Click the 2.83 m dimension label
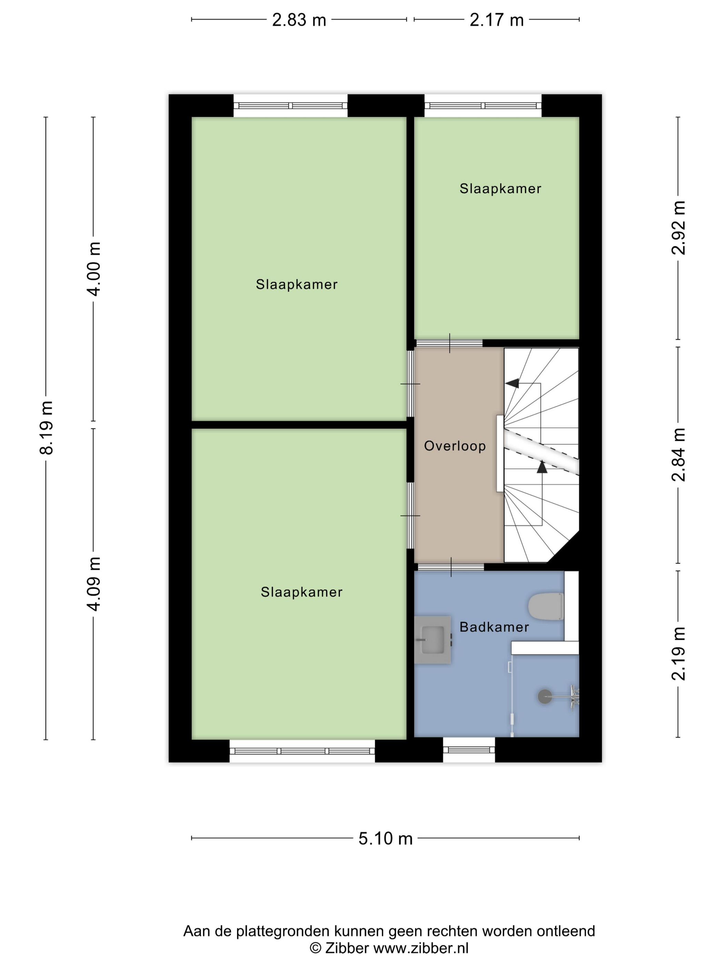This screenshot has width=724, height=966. pyautogui.click(x=299, y=20)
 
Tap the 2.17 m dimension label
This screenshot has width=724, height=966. pyautogui.click(x=496, y=20)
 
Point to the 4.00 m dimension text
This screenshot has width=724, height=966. pyautogui.click(x=94, y=268)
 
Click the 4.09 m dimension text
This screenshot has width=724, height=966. pyautogui.click(x=94, y=584)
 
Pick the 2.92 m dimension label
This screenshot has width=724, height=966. pyautogui.click(x=678, y=227)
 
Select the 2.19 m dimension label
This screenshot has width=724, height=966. pyautogui.click(x=678, y=654)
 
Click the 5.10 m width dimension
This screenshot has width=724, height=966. pyautogui.click(x=385, y=838)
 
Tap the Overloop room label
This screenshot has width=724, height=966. pyautogui.click(x=455, y=446)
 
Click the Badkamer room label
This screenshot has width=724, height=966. pyautogui.click(x=494, y=627)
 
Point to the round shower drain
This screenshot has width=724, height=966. pyautogui.click(x=545, y=697)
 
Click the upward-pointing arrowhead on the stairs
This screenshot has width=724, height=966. pyautogui.click(x=542, y=467)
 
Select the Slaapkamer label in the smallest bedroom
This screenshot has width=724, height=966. pyautogui.click(x=500, y=189)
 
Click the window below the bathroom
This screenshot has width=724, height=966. pyautogui.click(x=469, y=750)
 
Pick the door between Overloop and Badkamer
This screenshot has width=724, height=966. pyautogui.click(x=450, y=567)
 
